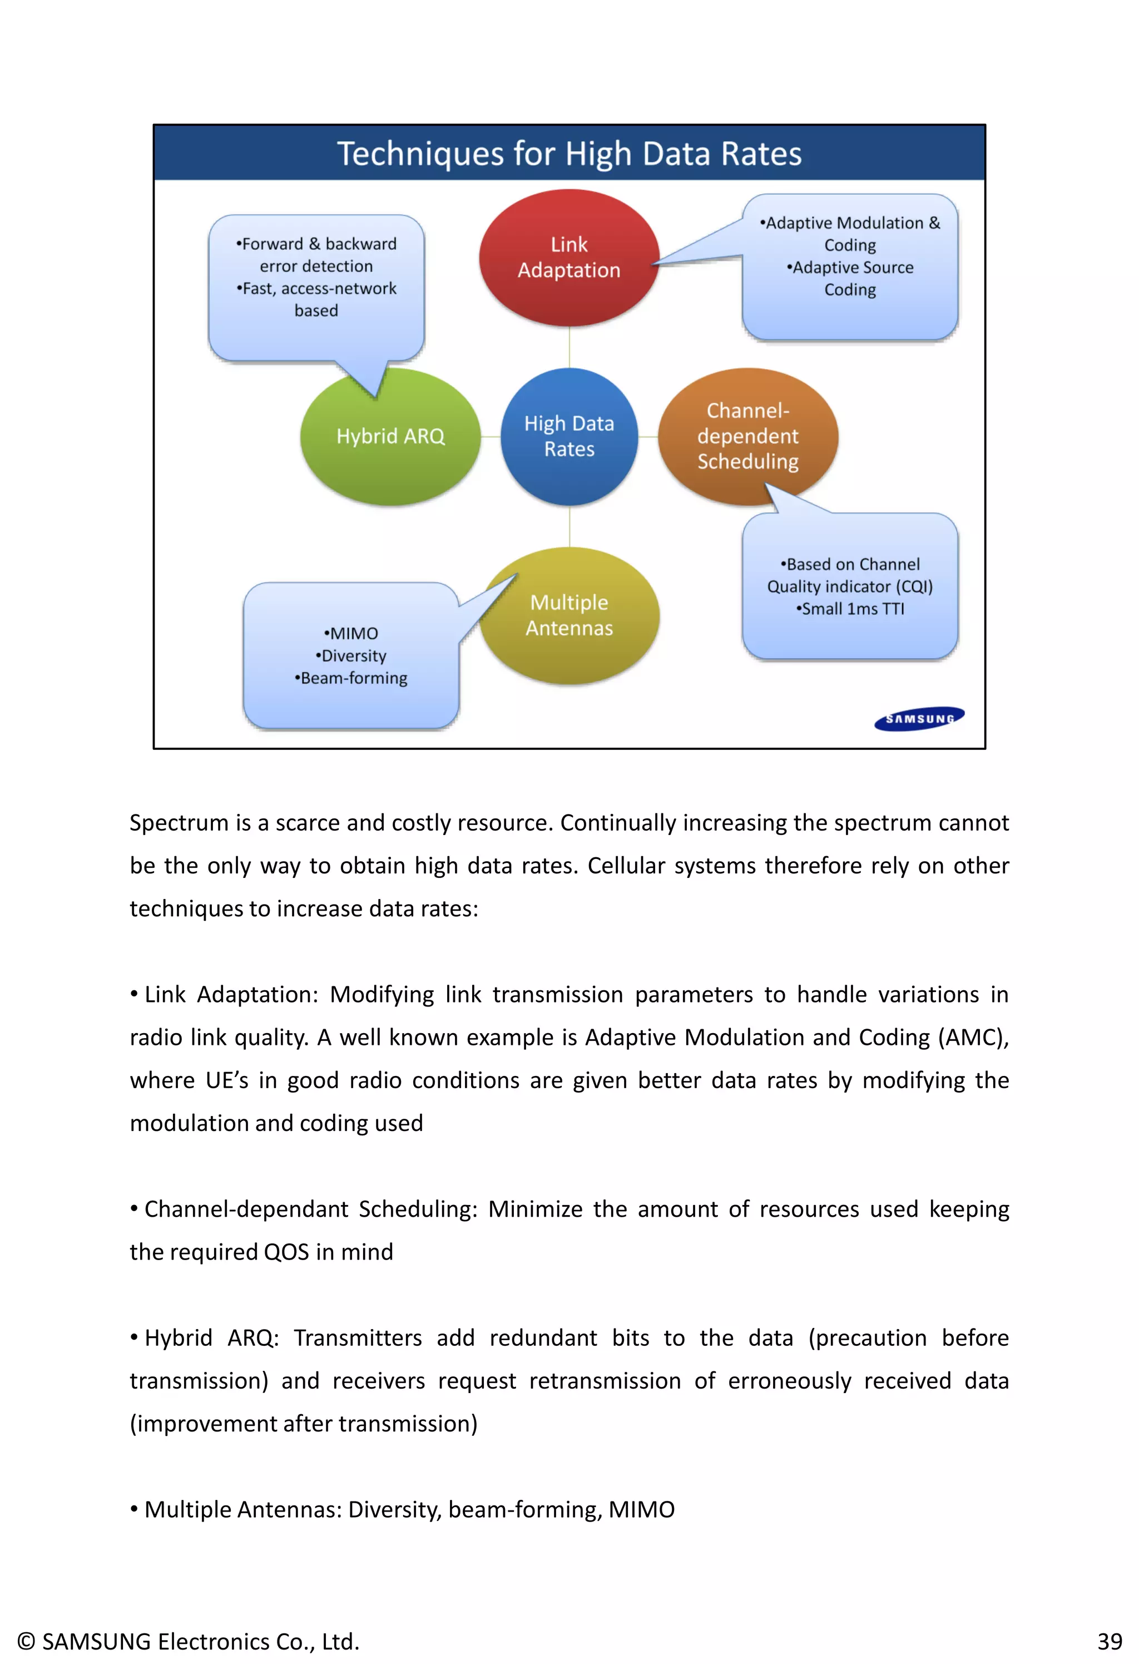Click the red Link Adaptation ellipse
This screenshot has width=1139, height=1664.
[568, 258]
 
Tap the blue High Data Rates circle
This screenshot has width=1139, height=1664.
[569, 436]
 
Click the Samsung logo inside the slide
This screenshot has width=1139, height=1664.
[919, 718]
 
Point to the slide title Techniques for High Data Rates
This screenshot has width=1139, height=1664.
[569, 153]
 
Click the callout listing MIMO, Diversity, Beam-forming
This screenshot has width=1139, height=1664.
[351, 655]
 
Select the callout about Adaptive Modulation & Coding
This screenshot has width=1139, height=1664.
[850, 265]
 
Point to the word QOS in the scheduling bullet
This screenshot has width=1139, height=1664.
[286, 1252]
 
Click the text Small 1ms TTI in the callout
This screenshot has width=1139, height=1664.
[850, 609]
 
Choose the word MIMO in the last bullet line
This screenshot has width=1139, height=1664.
[641, 1509]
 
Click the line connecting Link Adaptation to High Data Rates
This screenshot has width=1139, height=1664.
[569, 347]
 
